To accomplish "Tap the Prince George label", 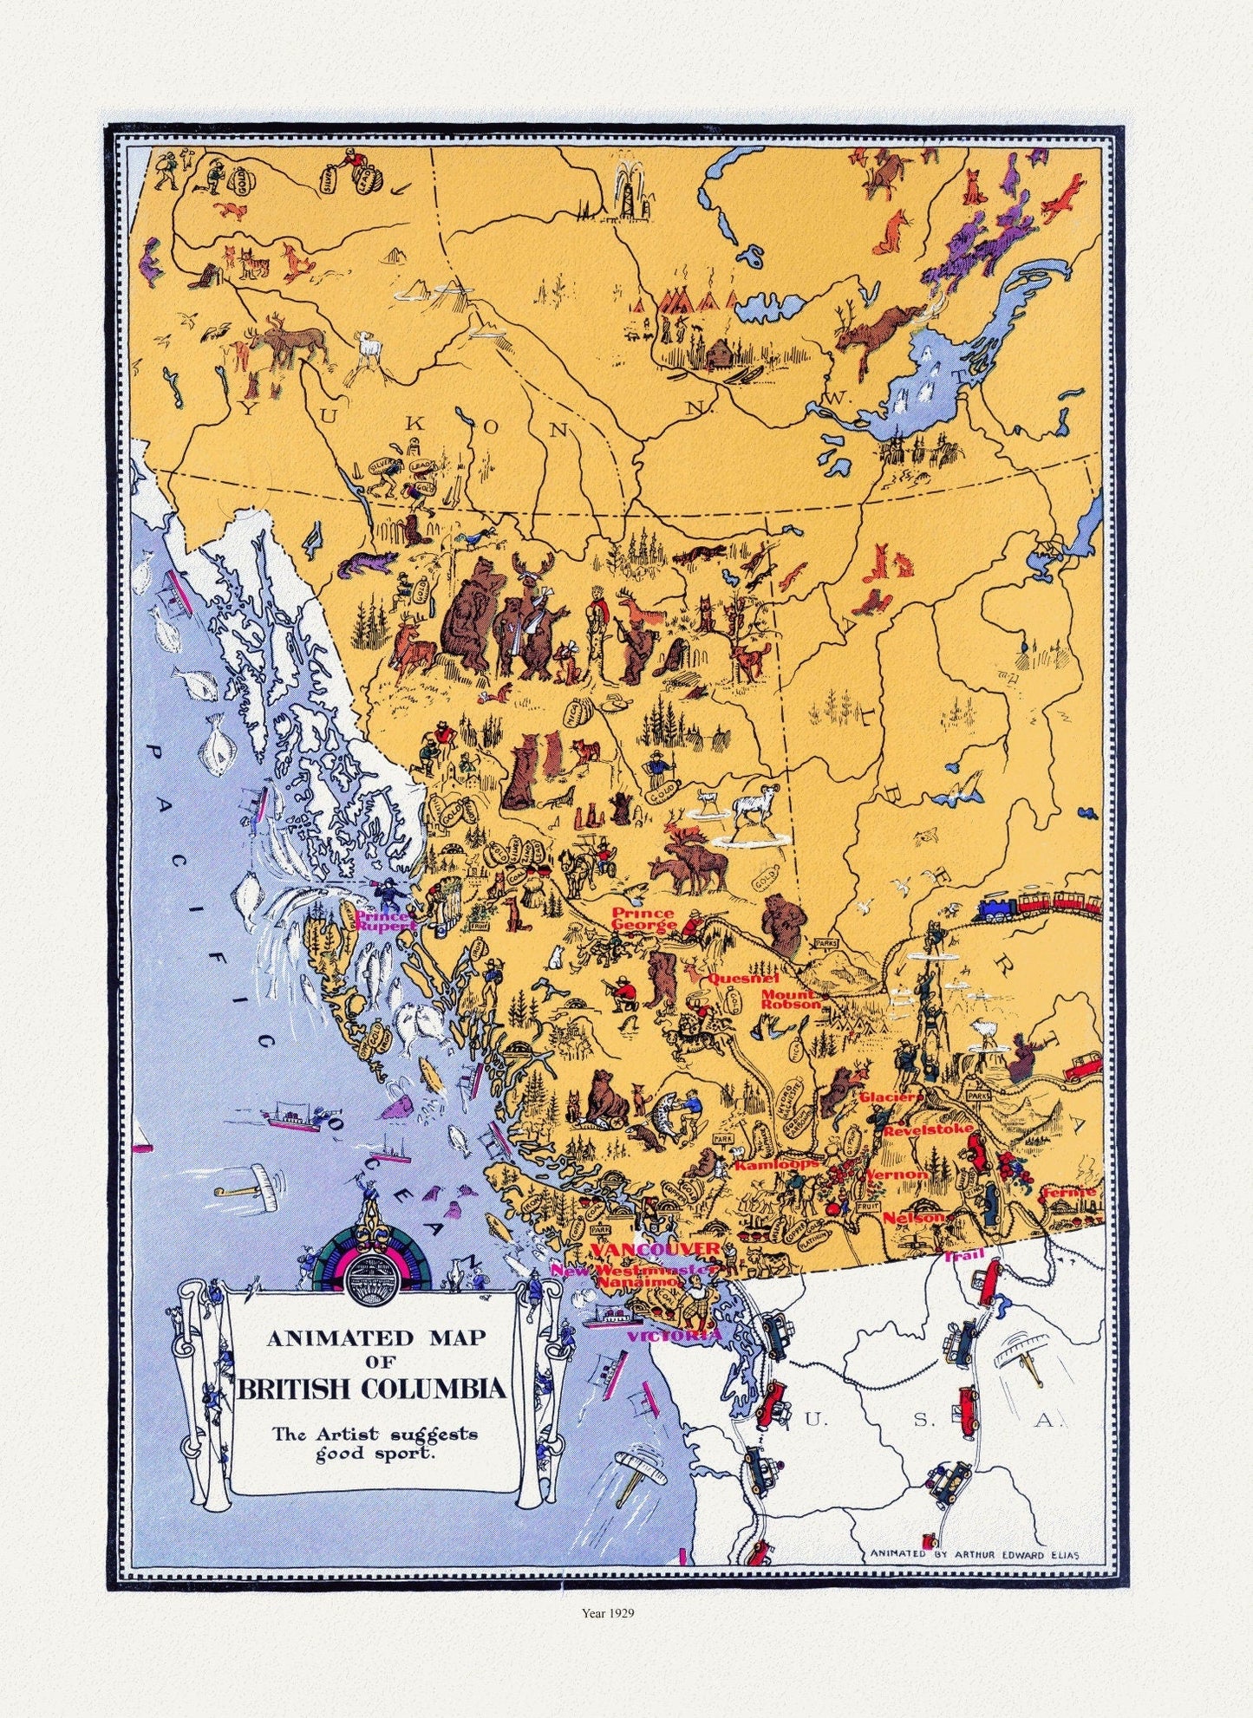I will (x=644, y=918).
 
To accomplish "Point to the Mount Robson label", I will (x=790, y=999).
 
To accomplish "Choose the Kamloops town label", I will (x=775, y=1165).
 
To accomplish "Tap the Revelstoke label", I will (x=918, y=1131).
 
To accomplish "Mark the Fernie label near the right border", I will (x=1069, y=1192).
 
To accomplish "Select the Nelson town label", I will (x=913, y=1217).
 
